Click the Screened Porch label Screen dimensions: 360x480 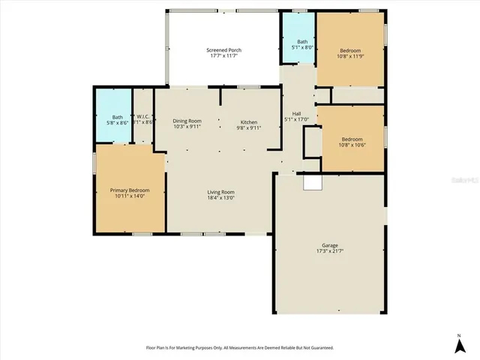[x=223, y=50]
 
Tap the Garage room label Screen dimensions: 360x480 [x=330, y=245]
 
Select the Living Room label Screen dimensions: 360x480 [x=221, y=192]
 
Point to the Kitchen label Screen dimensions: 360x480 [x=249, y=121]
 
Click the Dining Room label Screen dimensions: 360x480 [x=187, y=121]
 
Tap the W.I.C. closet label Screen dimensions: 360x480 [x=143, y=116]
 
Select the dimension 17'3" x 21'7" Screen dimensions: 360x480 [x=330, y=251]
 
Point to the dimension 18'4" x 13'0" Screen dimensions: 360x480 [x=221, y=198]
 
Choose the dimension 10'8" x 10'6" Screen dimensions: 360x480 [x=352, y=145]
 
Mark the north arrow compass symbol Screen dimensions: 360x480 [x=459, y=344]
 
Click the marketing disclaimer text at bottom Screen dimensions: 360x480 [x=239, y=348]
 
